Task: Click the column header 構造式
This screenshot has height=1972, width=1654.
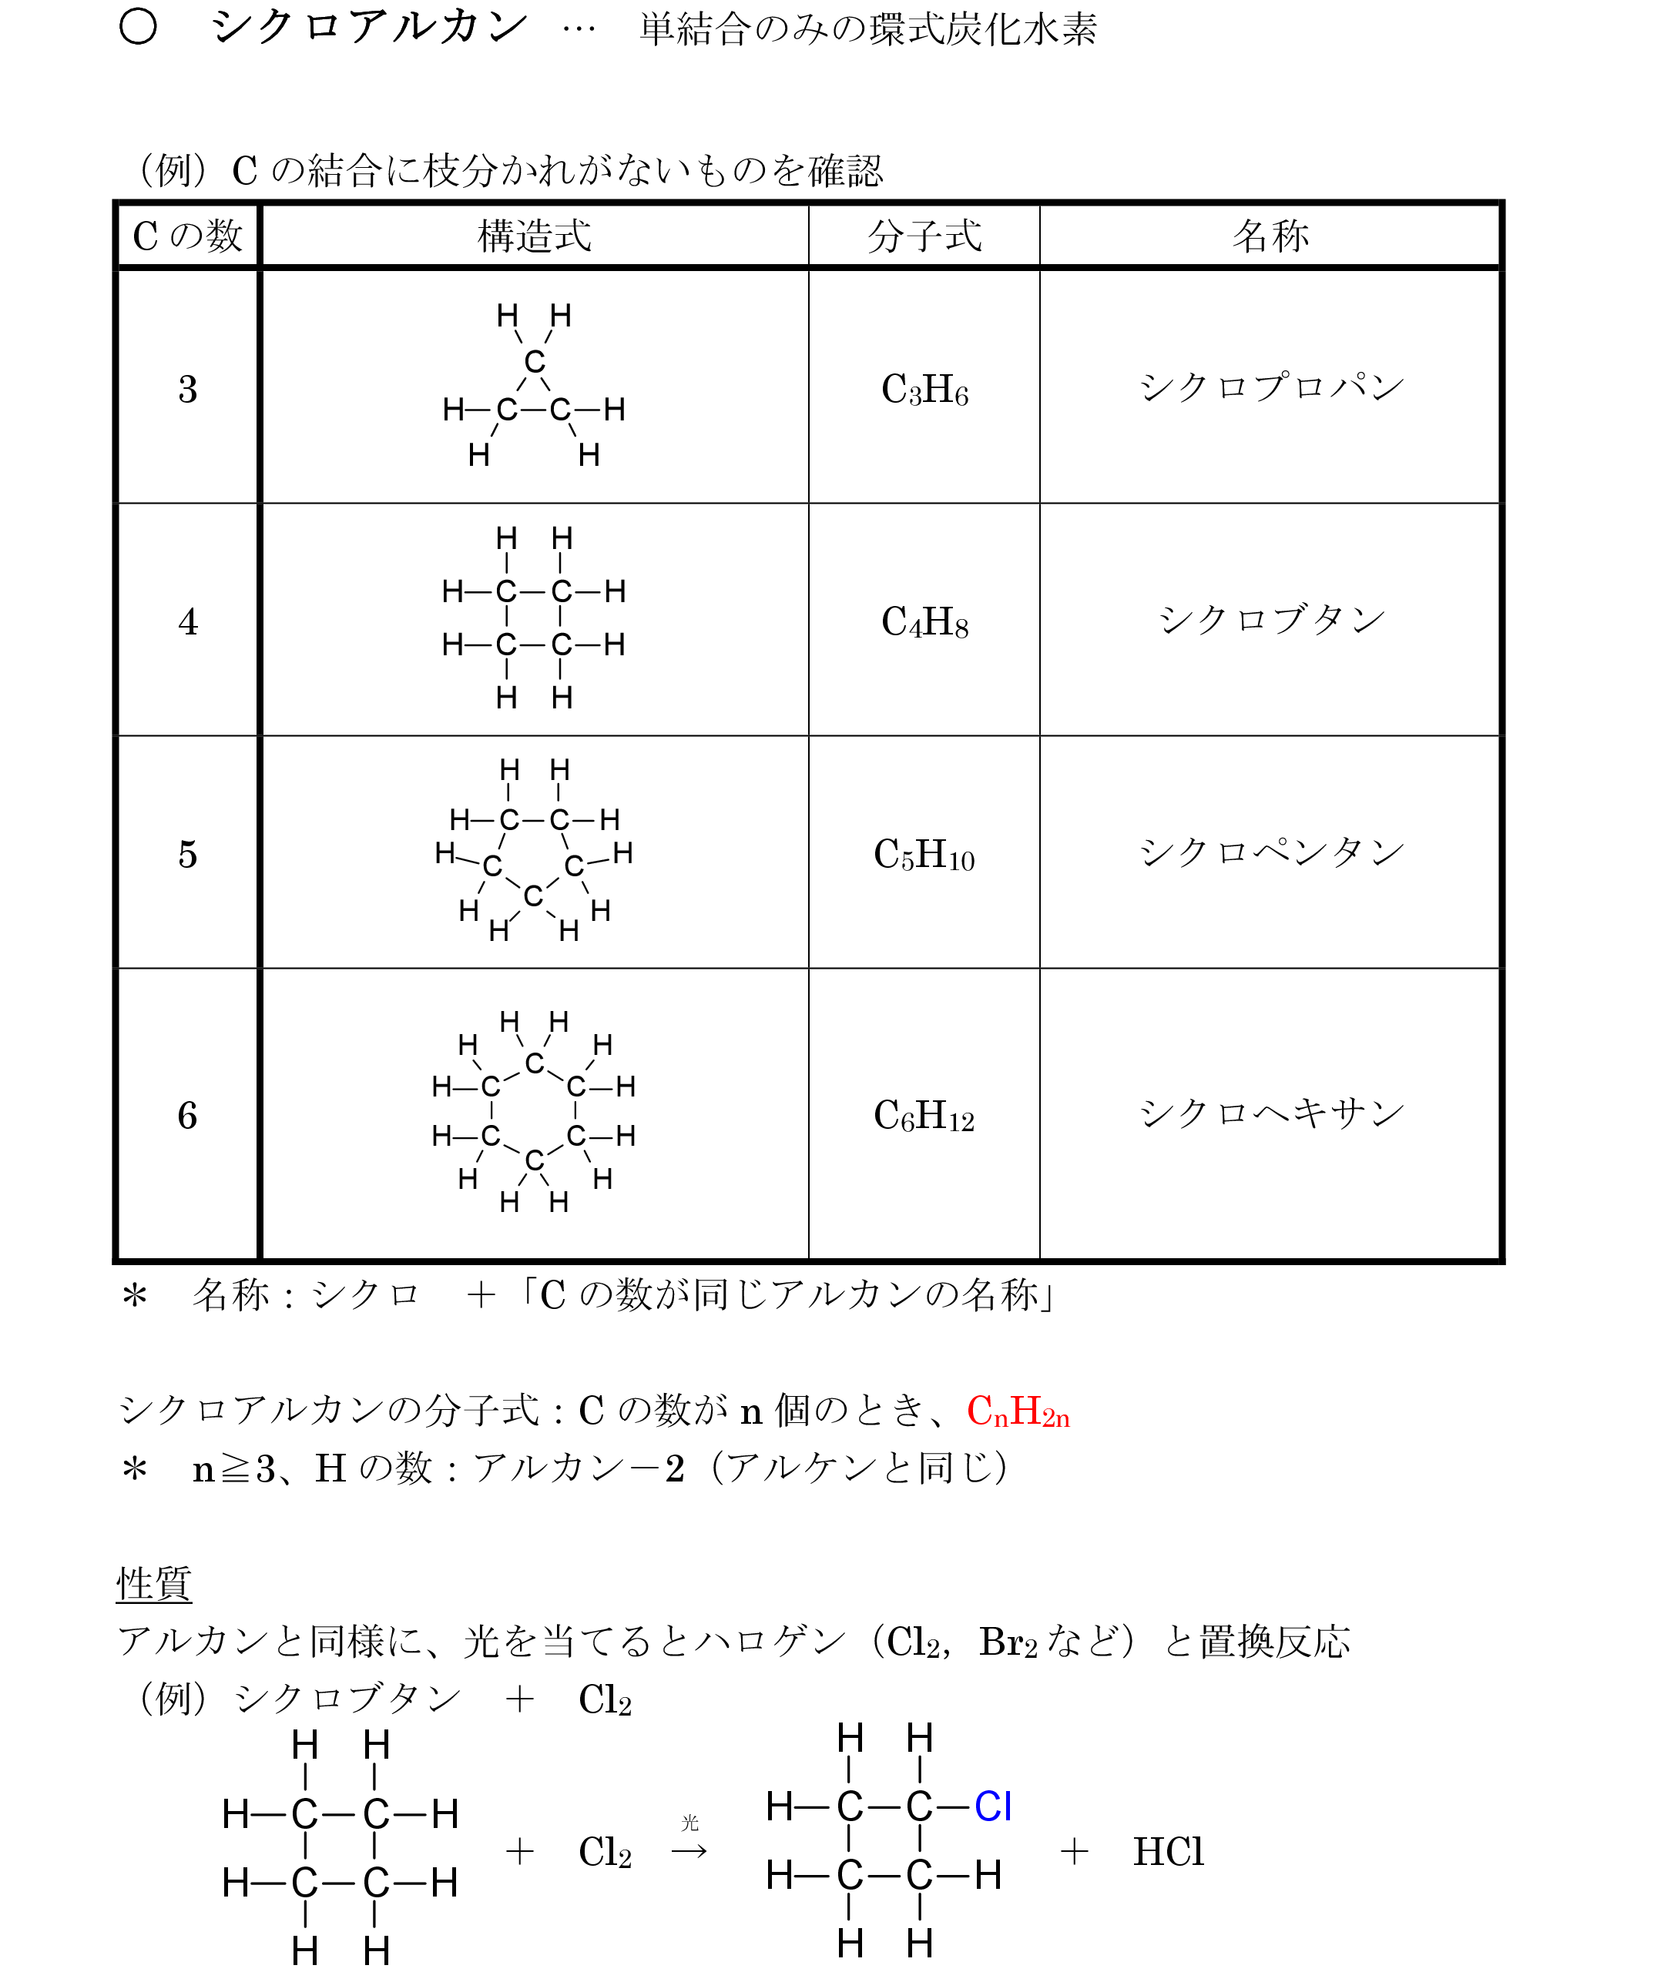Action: click(x=534, y=236)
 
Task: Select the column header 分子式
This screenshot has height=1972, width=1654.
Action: click(x=924, y=236)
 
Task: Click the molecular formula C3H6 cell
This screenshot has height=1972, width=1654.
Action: click(x=924, y=390)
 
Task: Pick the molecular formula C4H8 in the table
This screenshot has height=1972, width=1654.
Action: click(x=924, y=621)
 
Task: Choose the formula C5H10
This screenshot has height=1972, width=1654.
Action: click(x=924, y=855)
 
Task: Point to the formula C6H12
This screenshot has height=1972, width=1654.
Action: click(x=924, y=1116)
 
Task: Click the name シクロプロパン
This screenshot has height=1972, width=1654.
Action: click(x=1271, y=387)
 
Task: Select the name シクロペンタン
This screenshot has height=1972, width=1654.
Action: click(x=1271, y=852)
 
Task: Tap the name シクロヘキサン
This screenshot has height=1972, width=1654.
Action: click(x=1271, y=1113)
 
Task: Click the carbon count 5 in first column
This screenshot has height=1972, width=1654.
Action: click(x=188, y=855)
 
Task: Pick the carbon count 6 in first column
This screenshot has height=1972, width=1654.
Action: click(x=188, y=1116)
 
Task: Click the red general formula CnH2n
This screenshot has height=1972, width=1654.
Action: click(x=1018, y=1411)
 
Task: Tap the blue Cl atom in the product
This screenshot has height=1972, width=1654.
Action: click(x=993, y=1806)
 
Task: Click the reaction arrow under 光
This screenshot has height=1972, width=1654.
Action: click(x=689, y=1852)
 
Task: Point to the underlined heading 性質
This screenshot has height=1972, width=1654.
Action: click(x=154, y=1584)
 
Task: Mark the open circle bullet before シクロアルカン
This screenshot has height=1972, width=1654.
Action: click(x=138, y=27)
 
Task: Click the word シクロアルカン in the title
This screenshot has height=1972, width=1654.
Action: click(x=369, y=27)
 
